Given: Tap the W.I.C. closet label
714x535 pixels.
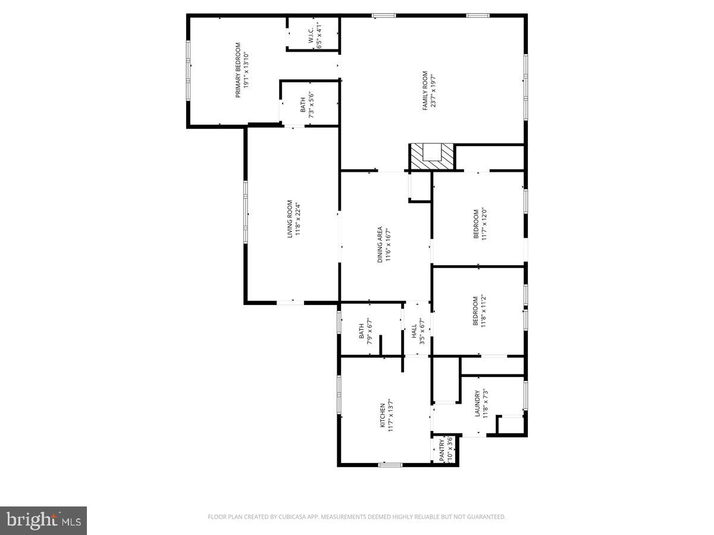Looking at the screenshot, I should click(315, 35).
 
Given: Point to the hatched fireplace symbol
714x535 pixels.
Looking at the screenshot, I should click(431, 157).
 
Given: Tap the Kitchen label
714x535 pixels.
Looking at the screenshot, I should click(387, 415).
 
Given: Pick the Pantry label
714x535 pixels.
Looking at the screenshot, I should click(446, 450).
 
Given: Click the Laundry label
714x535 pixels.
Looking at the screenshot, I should click(481, 404).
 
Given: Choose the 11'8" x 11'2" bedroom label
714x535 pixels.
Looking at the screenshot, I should click(480, 311).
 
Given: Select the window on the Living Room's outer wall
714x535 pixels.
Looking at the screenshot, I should click(245, 212).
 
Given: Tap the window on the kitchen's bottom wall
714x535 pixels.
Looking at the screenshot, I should click(390, 464).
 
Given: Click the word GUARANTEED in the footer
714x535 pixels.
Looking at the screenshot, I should click(485, 517).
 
